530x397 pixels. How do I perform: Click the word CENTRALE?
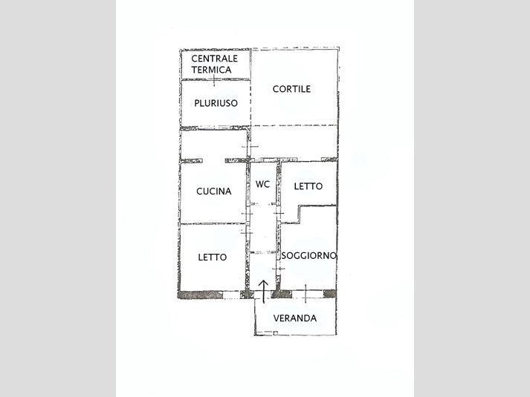(x=214, y=59)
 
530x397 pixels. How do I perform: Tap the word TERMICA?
(x=212, y=70)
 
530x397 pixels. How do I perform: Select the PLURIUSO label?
(x=216, y=103)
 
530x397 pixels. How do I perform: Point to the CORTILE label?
(x=291, y=89)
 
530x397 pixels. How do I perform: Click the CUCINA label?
(x=214, y=191)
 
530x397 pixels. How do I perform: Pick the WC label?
(x=262, y=184)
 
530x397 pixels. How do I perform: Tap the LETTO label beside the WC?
(x=308, y=186)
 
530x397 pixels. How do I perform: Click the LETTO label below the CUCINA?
(x=213, y=257)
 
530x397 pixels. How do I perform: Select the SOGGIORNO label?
(x=309, y=256)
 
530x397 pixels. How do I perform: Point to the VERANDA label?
(x=295, y=318)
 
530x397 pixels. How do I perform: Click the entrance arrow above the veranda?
(x=264, y=292)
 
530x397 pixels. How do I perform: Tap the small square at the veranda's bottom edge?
(x=276, y=333)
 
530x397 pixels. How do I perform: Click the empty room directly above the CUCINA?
(x=213, y=145)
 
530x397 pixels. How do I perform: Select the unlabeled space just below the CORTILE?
(x=294, y=142)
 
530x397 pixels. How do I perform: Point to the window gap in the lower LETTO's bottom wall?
(x=232, y=295)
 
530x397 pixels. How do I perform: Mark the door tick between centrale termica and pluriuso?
(x=214, y=80)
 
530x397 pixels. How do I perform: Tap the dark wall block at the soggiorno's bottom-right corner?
(x=330, y=294)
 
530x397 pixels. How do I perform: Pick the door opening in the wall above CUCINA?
(x=214, y=160)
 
